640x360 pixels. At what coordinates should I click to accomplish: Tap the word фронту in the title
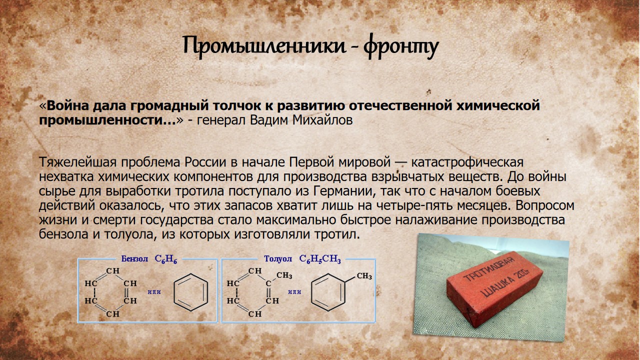tap(401, 46)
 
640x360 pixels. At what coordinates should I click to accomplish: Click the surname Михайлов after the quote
tap(322, 120)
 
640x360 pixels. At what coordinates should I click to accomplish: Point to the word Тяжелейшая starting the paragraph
tap(78, 162)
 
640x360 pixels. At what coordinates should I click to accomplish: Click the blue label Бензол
tap(134, 259)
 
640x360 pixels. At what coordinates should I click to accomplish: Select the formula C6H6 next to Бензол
tap(165, 259)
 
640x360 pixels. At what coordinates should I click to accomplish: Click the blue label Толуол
tap(277, 259)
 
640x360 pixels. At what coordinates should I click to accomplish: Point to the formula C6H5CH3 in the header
tap(320, 259)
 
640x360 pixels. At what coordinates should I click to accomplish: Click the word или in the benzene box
tap(154, 292)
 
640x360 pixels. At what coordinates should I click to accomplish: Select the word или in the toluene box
tap(294, 292)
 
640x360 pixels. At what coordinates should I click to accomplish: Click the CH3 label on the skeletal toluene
tap(364, 276)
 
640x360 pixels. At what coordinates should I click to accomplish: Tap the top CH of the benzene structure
tap(113, 270)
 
